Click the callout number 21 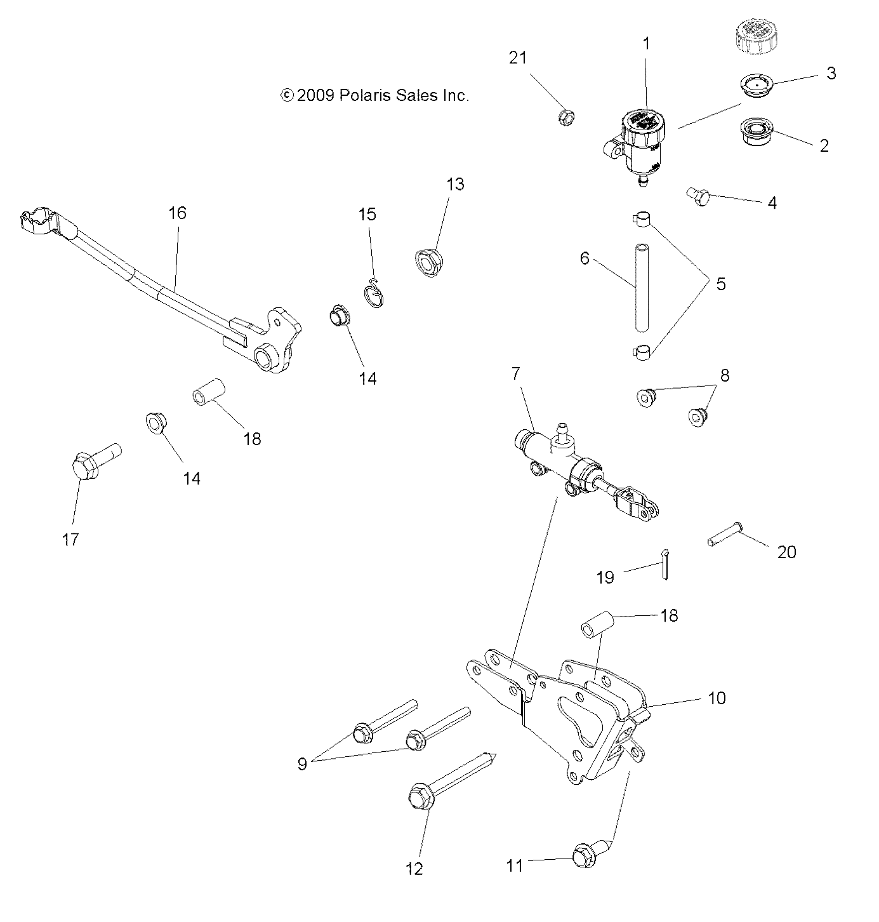point(518,58)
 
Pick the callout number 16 point(178,213)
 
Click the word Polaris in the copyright point(366,96)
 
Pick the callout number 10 point(717,698)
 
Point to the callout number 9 point(302,763)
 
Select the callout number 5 point(720,284)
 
